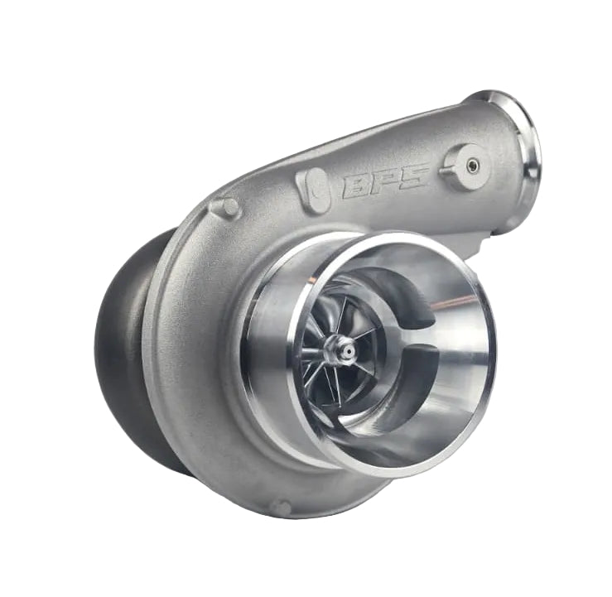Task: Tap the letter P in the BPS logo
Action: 386,180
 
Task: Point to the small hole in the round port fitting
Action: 472,165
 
